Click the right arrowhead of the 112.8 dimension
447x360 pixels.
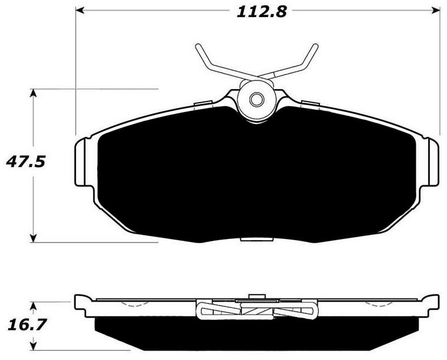point(438,11)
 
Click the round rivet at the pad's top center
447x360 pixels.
point(256,99)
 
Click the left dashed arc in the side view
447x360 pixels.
point(137,305)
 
